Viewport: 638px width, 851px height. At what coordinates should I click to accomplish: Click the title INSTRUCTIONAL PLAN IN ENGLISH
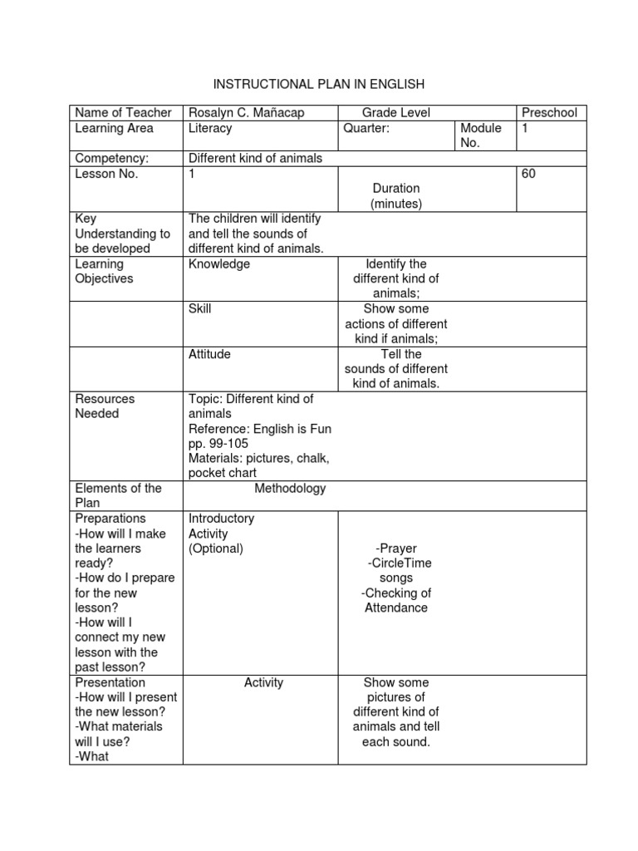pyautogui.click(x=319, y=84)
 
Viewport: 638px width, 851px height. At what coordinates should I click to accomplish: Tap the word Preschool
pyautogui.click(x=549, y=113)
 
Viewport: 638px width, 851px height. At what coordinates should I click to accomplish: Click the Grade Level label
pyautogui.click(x=395, y=113)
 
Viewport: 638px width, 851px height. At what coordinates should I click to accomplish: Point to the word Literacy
pyautogui.click(x=210, y=129)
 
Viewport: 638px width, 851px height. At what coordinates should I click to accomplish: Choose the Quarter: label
pyautogui.click(x=366, y=129)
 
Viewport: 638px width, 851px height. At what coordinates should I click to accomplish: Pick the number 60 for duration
pyautogui.click(x=528, y=175)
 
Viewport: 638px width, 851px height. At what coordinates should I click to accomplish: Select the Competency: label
pyautogui.click(x=111, y=159)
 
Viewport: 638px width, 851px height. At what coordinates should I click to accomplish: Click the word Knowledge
pyautogui.click(x=219, y=264)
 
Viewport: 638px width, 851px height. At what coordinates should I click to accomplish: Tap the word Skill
pyautogui.click(x=200, y=309)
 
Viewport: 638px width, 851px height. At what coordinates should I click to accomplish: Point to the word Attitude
pyautogui.click(x=209, y=354)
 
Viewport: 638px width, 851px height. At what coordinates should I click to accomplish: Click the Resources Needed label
pyautogui.click(x=104, y=406)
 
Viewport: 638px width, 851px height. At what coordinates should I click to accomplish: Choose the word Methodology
pyautogui.click(x=290, y=489)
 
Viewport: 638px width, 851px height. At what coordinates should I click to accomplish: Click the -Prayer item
pyautogui.click(x=395, y=548)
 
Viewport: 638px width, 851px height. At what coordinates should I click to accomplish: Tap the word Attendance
pyautogui.click(x=396, y=608)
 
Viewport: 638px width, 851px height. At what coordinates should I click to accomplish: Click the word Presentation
pyautogui.click(x=110, y=683)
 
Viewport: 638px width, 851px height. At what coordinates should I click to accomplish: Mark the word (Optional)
pyautogui.click(x=216, y=548)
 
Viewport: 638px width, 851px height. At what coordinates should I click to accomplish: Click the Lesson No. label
pyautogui.click(x=106, y=175)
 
